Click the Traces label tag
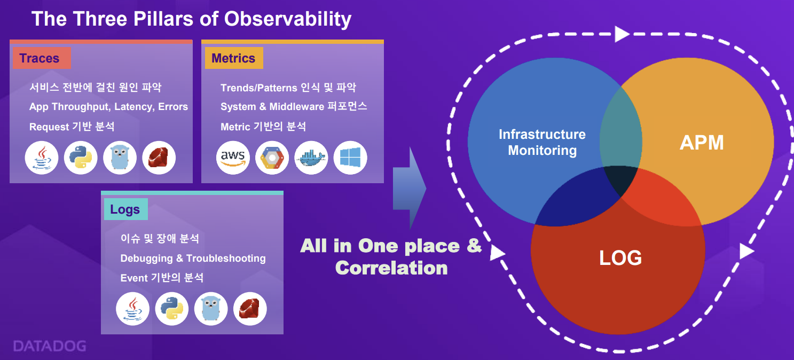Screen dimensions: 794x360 point(42,58)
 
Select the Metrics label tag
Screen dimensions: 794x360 point(234,58)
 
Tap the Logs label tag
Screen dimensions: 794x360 point(126,209)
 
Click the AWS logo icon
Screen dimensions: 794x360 point(233,158)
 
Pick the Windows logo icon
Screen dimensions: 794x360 point(350,158)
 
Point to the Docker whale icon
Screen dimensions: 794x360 point(311,158)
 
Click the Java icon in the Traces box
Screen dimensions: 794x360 point(42,158)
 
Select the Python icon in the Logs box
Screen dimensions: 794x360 point(171,309)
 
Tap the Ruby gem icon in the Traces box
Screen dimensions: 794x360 point(159,158)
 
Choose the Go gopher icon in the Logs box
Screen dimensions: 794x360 point(211,309)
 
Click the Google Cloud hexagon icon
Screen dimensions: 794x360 point(272,158)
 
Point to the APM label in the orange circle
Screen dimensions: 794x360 point(702,143)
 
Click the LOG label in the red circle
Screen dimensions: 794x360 point(620,257)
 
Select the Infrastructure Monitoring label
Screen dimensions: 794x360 point(543,142)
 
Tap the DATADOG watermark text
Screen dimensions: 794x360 point(50,346)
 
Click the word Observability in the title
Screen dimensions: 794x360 point(287,19)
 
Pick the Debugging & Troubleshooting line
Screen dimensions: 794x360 point(193,258)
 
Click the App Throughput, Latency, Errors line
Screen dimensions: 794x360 point(108,107)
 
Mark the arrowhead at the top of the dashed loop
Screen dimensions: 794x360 point(622,34)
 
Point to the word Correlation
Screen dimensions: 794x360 point(391,268)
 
